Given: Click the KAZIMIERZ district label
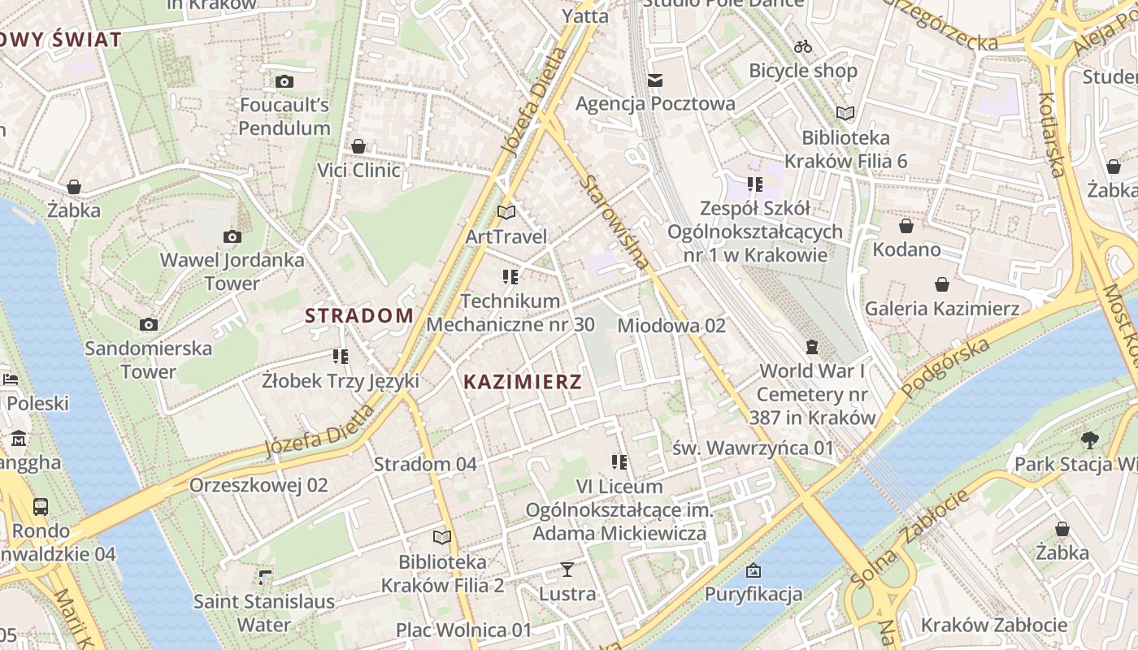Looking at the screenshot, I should click(523, 382).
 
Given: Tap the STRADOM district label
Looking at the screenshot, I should click(359, 316).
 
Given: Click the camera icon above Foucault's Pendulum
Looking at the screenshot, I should click(284, 81).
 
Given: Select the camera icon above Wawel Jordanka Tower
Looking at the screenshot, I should click(232, 236).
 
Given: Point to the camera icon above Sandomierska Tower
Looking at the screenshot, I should click(148, 324).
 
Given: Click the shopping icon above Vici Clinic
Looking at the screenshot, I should click(358, 146).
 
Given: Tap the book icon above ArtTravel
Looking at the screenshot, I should click(506, 212).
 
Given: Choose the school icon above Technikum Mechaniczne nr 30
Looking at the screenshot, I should click(510, 277).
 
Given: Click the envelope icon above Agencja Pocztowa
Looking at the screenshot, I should click(655, 80).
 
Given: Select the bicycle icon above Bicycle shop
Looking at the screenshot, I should click(803, 46).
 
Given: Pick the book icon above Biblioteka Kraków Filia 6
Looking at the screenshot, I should click(845, 113).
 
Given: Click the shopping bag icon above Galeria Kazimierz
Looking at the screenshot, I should click(941, 284).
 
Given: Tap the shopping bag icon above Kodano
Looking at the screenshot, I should click(906, 225).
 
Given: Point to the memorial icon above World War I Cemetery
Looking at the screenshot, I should click(811, 347).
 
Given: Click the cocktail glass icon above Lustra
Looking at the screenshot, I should click(567, 570).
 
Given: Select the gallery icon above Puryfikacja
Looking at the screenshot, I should click(754, 570).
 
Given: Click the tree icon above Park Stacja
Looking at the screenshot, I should click(1090, 440).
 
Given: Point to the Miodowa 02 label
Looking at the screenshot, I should click(671, 326).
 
